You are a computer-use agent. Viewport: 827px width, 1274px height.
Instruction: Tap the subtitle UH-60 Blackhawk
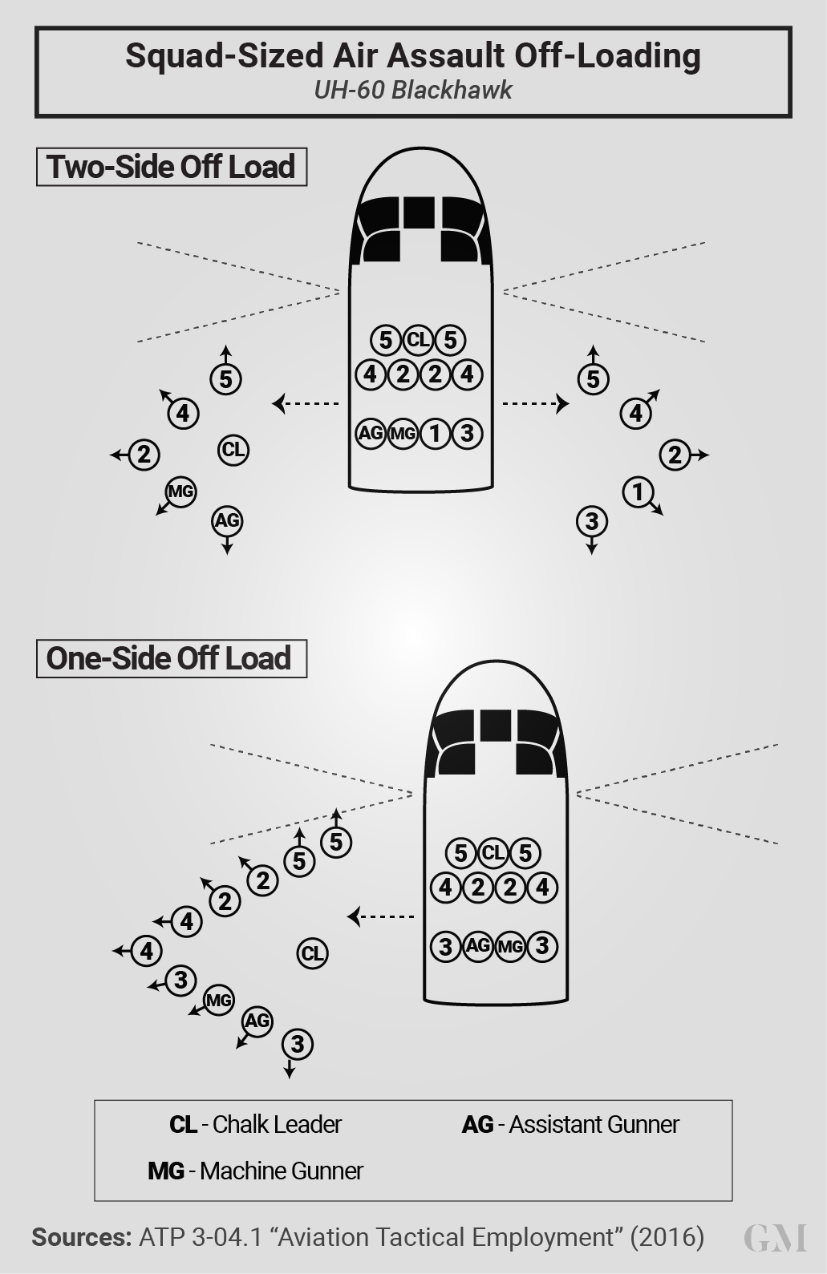coord(412,90)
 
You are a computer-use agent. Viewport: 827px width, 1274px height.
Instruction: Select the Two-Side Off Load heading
coord(171,167)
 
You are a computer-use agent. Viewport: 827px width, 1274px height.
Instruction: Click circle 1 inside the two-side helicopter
coord(435,434)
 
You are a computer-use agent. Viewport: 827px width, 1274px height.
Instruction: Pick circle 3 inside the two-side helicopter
coord(467,434)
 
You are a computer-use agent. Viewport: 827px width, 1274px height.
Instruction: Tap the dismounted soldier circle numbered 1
coord(638,491)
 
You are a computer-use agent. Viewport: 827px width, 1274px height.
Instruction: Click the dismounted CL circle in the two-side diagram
coord(233,449)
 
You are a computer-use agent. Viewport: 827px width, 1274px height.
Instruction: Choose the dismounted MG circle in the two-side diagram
coord(180,491)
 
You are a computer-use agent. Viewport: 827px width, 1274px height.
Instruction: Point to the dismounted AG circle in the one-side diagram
coord(257,1021)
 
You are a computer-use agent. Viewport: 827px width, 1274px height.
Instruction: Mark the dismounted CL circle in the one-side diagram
coord(312,953)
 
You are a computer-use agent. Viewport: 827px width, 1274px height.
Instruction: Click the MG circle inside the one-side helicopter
coord(510,947)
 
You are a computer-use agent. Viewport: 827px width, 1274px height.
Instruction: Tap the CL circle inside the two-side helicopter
coord(418,340)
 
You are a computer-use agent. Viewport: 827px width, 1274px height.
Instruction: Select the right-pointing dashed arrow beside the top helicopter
coord(535,403)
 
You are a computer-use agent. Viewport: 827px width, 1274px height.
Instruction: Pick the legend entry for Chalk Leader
coord(255,1125)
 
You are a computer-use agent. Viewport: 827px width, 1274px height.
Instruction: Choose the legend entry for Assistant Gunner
coord(570,1125)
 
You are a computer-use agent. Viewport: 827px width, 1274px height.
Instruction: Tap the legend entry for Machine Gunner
coord(255,1171)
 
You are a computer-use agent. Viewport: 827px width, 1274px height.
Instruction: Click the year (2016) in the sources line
coord(667,1237)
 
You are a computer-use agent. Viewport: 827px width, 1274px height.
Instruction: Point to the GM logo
coord(775,1238)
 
